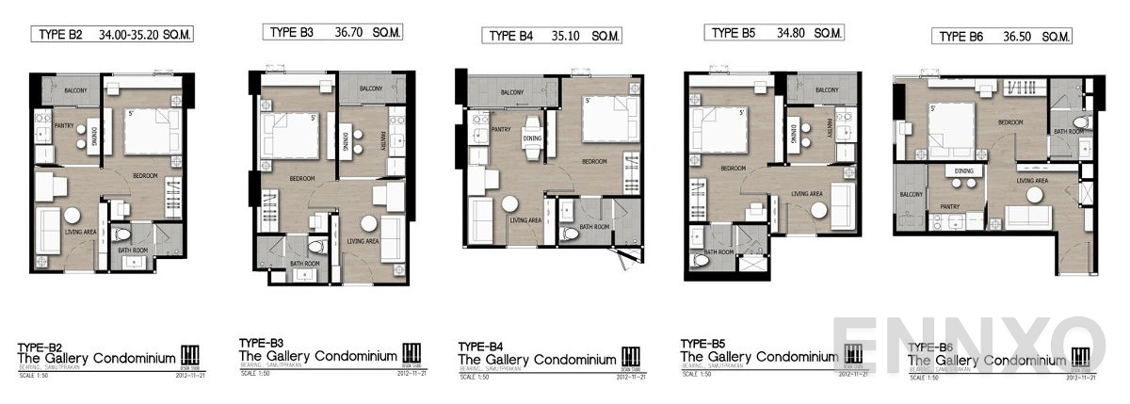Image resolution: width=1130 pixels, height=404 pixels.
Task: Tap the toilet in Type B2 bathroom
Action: click(121, 234)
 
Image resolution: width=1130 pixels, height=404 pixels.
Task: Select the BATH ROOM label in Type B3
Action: click(304, 264)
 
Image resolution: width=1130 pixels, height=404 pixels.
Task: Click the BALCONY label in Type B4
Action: click(512, 92)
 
